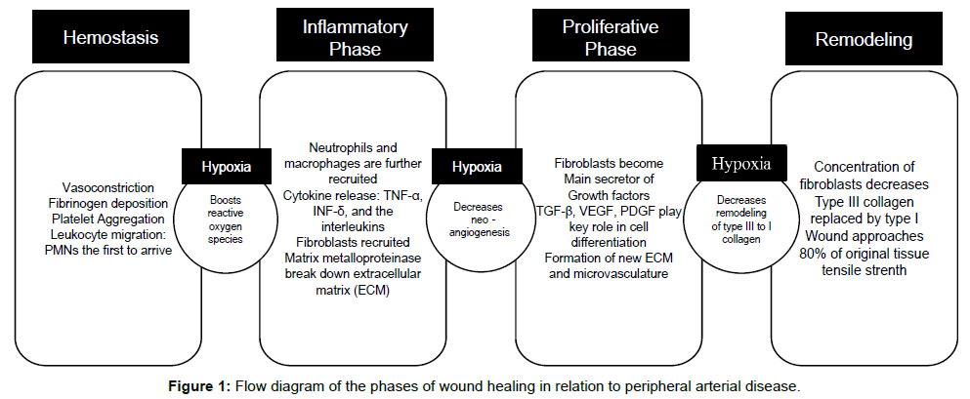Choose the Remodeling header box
849,39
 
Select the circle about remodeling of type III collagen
738,215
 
